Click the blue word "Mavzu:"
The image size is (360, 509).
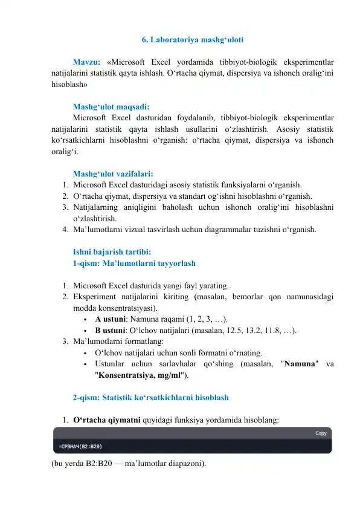86,62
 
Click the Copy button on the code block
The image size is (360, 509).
321,433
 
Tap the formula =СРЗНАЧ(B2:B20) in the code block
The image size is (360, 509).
80,447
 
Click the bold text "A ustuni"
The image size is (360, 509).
111,319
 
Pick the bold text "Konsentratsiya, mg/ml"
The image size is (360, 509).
140,375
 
